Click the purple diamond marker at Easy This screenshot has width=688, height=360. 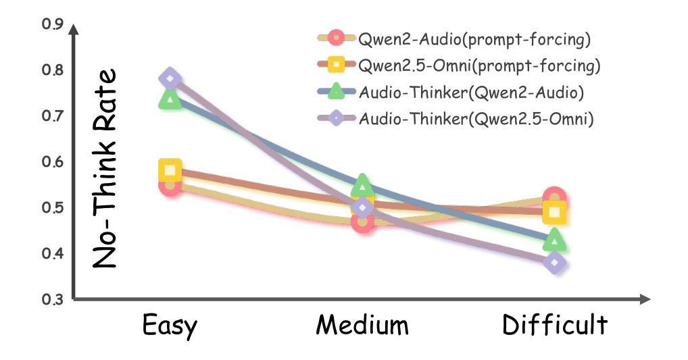point(170,78)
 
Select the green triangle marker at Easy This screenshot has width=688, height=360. point(170,100)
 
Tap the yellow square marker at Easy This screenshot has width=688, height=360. point(170,171)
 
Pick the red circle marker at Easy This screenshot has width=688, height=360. point(170,184)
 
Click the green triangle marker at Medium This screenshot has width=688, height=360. point(362,184)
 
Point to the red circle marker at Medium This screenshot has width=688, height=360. point(363,221)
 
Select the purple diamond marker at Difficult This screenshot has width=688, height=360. point(554,263)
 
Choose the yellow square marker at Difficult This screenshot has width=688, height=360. point(555,213)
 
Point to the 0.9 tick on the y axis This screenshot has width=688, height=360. point(52,24)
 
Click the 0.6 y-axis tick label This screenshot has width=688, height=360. point(52,162)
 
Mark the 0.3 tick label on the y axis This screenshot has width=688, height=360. point(52,299)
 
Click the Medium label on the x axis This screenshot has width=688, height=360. point(362,326)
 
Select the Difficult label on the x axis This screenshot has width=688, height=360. point(554,326)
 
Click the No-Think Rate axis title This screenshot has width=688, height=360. point(105,169)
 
